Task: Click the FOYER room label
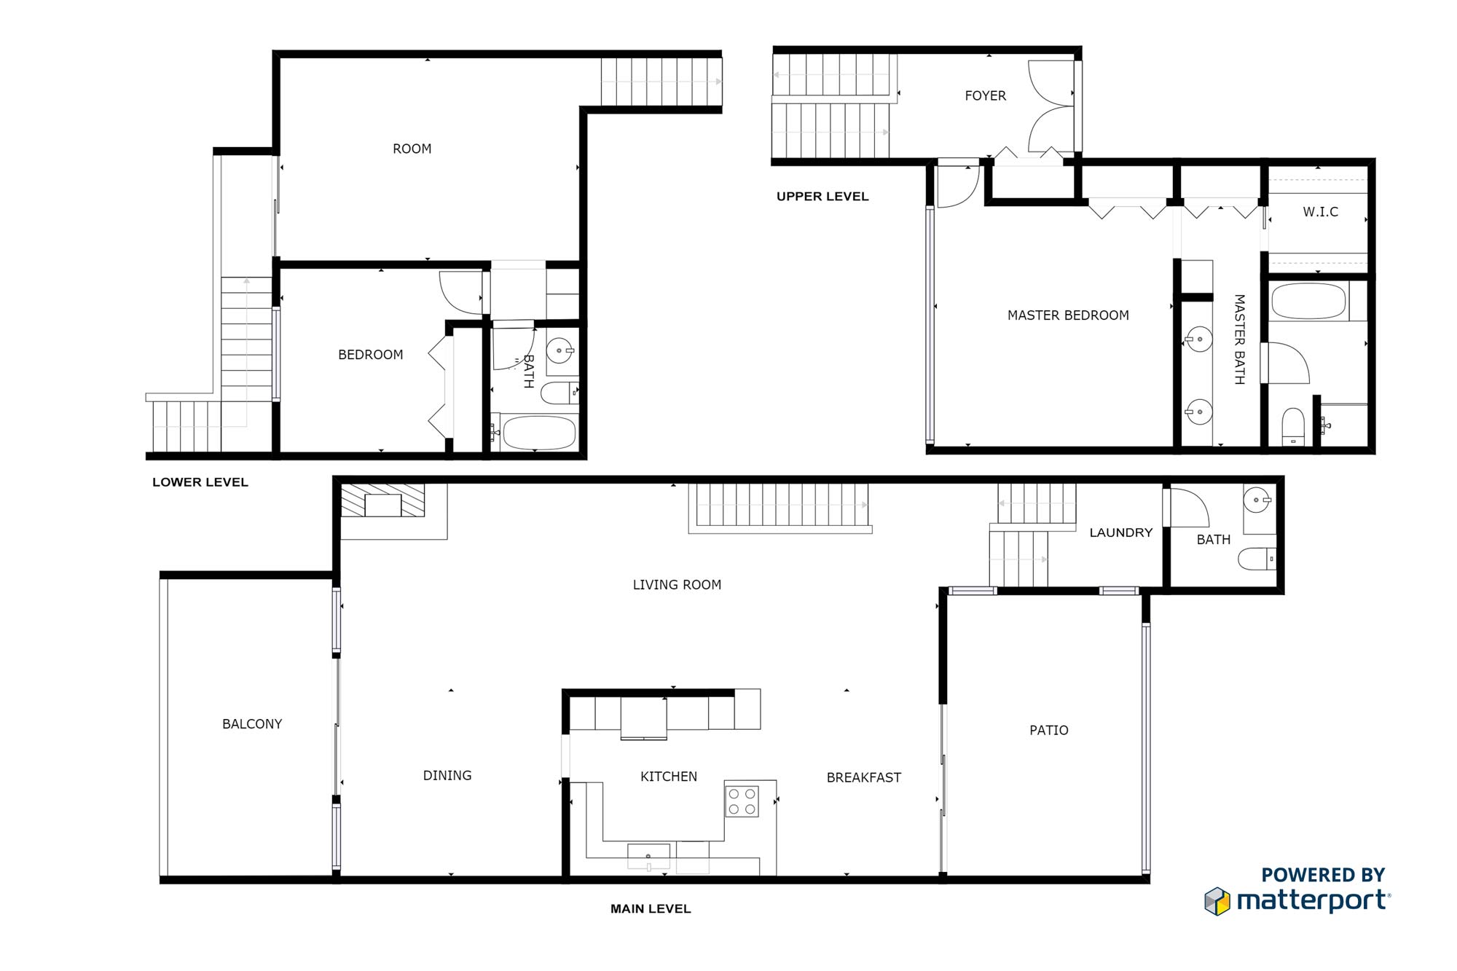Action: (985, 95)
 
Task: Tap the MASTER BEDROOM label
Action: (1068, 315)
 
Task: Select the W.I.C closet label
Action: (1320, 212)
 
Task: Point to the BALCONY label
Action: (252, 724)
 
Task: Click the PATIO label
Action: (1048, 731)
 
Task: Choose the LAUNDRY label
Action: (1120, 532)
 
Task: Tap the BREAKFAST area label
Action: (863, 778)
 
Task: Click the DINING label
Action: (447, 776)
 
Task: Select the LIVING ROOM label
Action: (677, 585)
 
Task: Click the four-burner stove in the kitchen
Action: (742, 801)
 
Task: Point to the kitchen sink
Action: (648, 856)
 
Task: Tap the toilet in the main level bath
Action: (1257, 559)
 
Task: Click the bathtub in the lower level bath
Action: (540, 433)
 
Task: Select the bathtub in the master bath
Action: (1308, 302)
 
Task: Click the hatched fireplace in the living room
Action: (383, 500)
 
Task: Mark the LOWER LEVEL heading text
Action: (200, 482)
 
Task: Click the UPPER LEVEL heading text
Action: (822, 196)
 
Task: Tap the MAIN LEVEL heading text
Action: (651, 908)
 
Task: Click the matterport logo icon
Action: (1217, 901)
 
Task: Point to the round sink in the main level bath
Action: (1257, 500)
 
